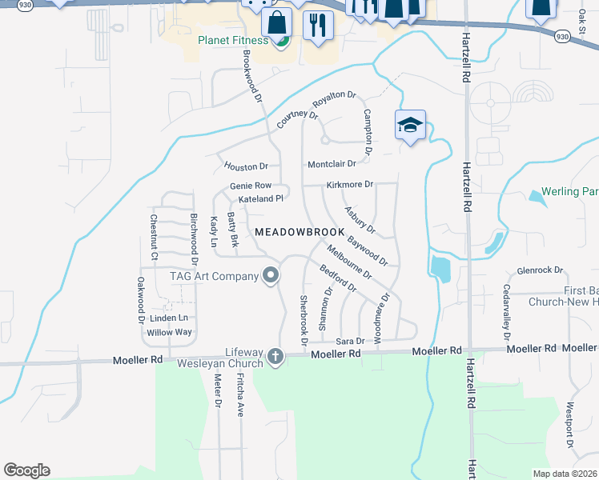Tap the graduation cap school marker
tap(410, 126)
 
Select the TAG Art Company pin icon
tap(271, 276)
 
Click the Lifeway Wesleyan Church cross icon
tap(275, 355)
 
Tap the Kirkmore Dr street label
tap(350, 185)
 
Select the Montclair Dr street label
tap(332, 164)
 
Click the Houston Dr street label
tap(246, 166)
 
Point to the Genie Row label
tap(251, 186)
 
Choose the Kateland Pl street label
tap(261, 198)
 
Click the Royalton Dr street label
tap(334, 98)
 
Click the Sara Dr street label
tap(350, 341)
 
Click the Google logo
tap(26, 470)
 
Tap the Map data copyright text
tap(564, 474)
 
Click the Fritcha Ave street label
tap(240, 397)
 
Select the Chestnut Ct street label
tap(154, 237)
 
